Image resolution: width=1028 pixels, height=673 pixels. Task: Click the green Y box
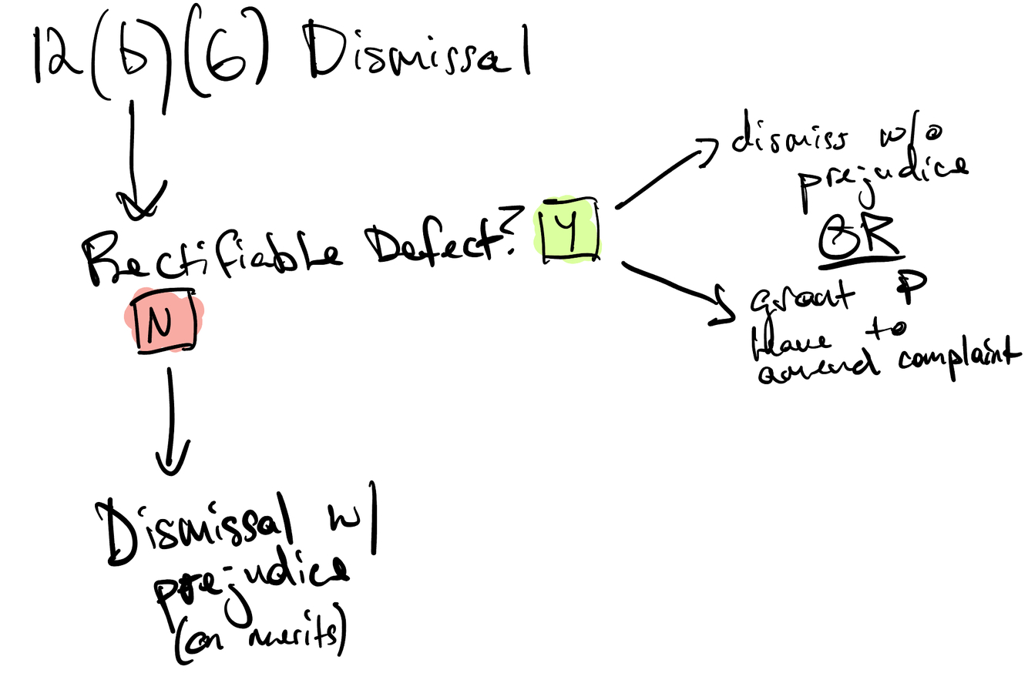[x=569, y=229]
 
